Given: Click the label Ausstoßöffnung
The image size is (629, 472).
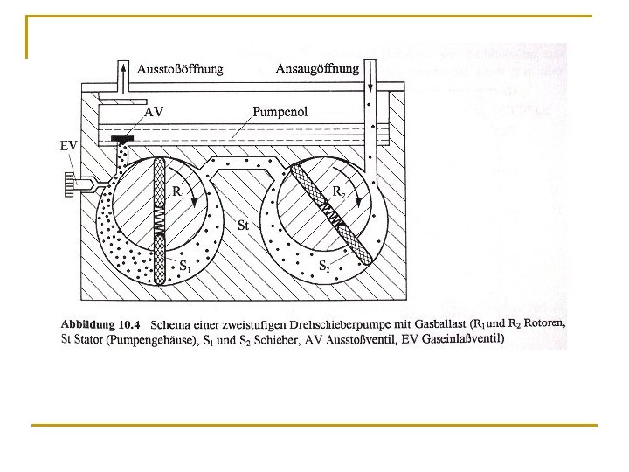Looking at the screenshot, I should (x=181, y=67).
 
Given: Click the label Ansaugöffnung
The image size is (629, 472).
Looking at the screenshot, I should (x=317, y=67).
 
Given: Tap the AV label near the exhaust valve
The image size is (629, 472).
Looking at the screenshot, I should (x=154, y=112).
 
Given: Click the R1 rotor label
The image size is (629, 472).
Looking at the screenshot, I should (x=177, y=191).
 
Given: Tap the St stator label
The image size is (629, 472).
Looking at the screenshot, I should (x=244, y=226).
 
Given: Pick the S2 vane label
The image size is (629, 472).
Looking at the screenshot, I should (x=323, y=263).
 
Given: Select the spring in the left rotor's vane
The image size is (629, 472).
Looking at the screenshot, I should (x=160, y=223).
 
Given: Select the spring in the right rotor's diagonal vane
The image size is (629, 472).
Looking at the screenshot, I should (x=329, y=212).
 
